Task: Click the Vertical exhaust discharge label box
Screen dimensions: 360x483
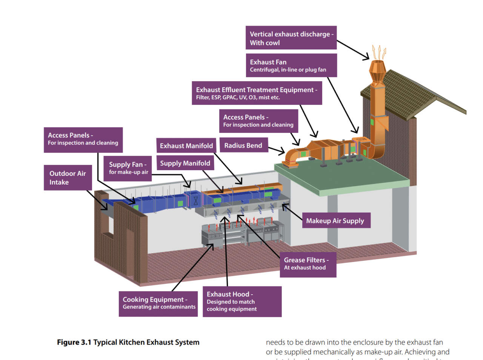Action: click(291, 38)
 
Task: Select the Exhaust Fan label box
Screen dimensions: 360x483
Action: click(291, 65)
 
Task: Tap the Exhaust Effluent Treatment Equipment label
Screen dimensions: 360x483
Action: click(257, 93)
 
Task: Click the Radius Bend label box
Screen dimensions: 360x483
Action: click(243, 145)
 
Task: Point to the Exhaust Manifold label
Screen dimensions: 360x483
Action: click(186, 146)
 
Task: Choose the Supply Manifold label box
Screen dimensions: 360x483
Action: click(185, 163)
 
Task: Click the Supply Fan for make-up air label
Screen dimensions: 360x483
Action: click(128, 168)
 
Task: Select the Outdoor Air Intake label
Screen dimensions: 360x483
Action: click(68, 177)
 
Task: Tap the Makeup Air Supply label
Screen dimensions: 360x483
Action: click(335, 221)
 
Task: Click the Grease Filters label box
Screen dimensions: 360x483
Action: click(308, 264)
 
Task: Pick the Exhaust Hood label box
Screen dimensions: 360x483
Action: click(241, 301)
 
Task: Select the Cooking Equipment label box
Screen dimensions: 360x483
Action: click(158, 303)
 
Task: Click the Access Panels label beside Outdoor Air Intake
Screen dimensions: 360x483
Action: click(83, 140)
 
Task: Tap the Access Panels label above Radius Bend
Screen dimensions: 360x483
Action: click(258, 121)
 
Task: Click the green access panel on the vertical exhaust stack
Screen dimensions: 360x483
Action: click(372, 122)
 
